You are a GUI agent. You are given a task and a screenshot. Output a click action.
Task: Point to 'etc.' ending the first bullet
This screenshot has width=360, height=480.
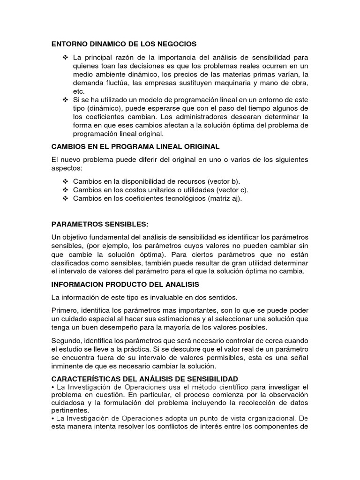[x=78, y=91]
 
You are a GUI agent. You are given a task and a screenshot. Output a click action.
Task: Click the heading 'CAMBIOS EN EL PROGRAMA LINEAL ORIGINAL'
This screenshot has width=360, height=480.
[x=135, y=147]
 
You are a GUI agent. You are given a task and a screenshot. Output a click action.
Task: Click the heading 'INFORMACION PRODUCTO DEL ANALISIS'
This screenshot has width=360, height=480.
[x=125, y=284]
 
